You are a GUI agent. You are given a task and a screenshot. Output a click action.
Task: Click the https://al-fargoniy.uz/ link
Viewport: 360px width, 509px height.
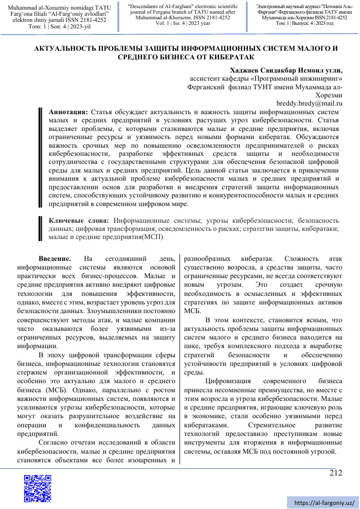[x=324, y=502]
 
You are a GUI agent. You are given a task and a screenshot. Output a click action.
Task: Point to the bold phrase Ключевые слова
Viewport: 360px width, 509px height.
[x=79, y=220]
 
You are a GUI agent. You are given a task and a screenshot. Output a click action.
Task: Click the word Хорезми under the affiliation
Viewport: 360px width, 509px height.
[x=329, y=95]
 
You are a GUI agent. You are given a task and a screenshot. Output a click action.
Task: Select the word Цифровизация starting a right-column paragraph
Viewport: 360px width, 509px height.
[x=229, y=381]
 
